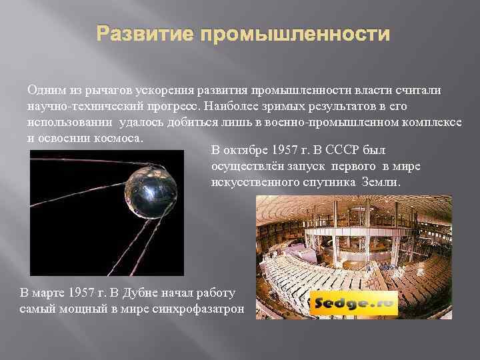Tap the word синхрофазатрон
click(x=203, y=309)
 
